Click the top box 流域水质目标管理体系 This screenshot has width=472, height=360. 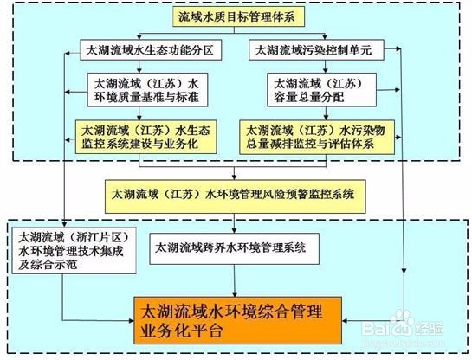coord(238,16)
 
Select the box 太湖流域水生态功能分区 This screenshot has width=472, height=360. coord(151,50)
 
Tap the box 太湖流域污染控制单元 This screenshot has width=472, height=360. coord(316,50)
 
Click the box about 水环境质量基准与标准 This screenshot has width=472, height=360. coord(147,90)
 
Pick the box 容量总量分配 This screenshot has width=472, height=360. coord(322,90)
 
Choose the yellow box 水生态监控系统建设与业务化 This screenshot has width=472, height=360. coord(146,137)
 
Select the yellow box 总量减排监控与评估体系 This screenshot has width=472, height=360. coord(317,137)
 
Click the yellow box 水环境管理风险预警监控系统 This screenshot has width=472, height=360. coord(235,196)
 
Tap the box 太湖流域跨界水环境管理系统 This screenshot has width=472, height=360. coord(234,248)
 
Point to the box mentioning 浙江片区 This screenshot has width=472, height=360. coord(74,250)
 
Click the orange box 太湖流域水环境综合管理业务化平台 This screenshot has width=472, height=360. coord(238,320)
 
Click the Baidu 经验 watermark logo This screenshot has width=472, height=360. coord(403,325)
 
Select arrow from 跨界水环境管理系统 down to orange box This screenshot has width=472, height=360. coord(235,280)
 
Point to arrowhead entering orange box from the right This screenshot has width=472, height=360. coord(345,321)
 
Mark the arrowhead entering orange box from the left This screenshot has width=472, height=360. coord(132,320)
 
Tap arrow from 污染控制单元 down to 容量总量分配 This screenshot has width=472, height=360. coord(325,67)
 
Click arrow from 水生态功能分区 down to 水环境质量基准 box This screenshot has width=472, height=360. coord(139,67)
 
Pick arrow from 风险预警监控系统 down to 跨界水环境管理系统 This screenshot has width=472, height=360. coord(234,223)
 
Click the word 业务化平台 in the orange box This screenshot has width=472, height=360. coord(181,331)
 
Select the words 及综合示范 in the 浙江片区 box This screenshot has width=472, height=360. coord(48,265)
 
